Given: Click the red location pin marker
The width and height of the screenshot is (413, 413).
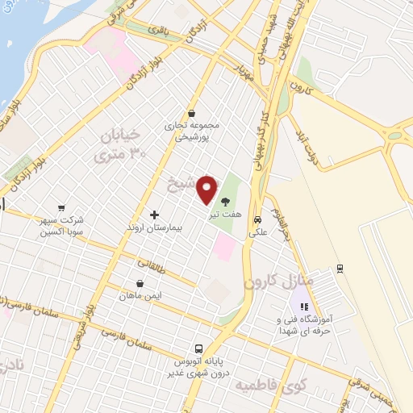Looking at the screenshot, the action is coord(207,189).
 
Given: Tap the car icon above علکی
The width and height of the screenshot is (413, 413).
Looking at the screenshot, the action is coord(257,219).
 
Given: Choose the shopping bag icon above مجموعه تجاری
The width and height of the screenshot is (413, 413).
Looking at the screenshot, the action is coord(191,114).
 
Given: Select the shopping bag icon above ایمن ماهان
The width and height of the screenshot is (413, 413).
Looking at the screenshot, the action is coord(141,284).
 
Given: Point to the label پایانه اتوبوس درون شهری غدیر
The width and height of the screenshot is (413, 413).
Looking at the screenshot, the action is coord(198,367).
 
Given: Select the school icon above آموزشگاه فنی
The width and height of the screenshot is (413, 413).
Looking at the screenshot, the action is coord(304,307).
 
